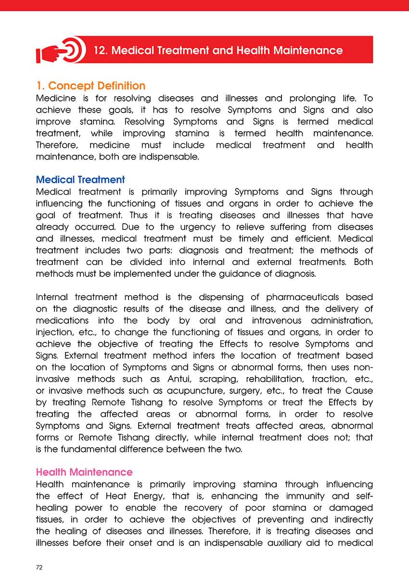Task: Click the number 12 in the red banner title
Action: tap(100, 50)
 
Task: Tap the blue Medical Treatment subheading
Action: tap(80, 180)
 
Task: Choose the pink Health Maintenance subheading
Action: tap(84, 472)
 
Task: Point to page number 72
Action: tap(39, 567)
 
